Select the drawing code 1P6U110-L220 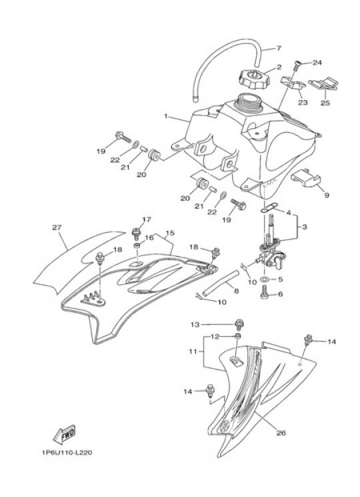point(67,452)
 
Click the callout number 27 point(57,227)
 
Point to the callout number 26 point(281,433)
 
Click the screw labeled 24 point(297,65)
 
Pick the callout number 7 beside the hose point(278,48)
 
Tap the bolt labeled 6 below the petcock point(265,293)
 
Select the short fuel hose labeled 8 point(220,283)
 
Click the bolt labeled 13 point(239,325)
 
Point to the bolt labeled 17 point(137,233)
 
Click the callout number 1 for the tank point(165,116)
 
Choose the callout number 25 point(325,103)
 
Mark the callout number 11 point(193,352)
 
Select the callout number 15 point(170,233)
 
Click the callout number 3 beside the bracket point(304,227)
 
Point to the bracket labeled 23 point(293,83)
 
